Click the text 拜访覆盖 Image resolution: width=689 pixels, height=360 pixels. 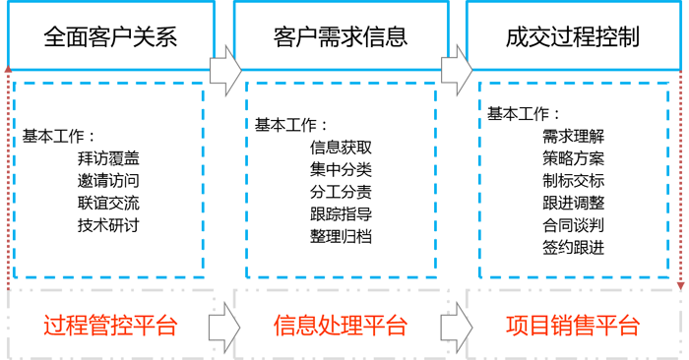click(x=107, y=157)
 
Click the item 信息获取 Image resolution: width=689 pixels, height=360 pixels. click(x=341, y=148)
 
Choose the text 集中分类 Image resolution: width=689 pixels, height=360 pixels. click(x=341, y=170)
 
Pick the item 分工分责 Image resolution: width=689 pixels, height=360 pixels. click(x=341, y=193)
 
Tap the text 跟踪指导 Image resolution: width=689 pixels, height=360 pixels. click(x=341, y=215)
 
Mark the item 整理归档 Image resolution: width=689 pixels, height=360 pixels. click(x=341, y=238)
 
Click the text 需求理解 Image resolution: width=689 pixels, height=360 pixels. click(x=573, y=136)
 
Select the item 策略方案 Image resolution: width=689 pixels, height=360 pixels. click(x=573, y=158)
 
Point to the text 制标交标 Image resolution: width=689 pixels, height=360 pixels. click(x=573, y=181)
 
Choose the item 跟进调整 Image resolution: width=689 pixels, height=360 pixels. click(x=573, y=204)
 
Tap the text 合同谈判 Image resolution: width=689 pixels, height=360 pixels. click(x=573, y=226)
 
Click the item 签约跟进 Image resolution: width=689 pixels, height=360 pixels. click(x=573, y=249)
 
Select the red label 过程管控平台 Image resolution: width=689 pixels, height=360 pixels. click(x=111, y=326)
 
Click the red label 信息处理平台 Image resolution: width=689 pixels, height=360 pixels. click(x=341, y=326)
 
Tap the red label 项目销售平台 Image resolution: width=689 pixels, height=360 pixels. click(x=573, y=326)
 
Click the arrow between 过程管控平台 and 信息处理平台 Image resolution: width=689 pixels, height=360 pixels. click(x=225, y=326)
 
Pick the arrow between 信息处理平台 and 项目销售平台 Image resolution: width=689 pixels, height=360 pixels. click(x=456, y=326)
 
